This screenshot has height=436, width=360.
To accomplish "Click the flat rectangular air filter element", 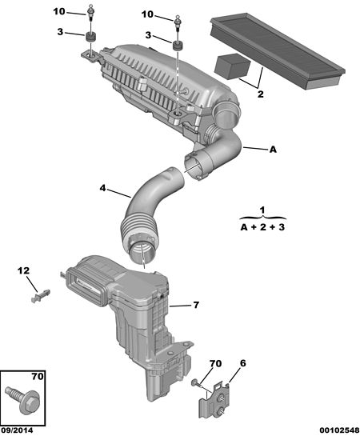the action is pyautogui.click(x=278, y=50).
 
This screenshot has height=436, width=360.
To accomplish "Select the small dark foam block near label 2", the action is pyautogui.click(x=233, y=66).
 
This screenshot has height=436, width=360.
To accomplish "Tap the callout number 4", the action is pyautogui.click(x=103, y=188).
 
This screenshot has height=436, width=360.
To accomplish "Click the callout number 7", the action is pyautogui.click(x=196, y=305).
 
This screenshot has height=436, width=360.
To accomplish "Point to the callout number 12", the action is pyautogui.click(x=24, y=270).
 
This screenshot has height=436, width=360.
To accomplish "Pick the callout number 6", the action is pyautogui.click(x=242, y=363).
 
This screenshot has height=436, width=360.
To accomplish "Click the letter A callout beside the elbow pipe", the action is pyautogui.click(x=274, y=150).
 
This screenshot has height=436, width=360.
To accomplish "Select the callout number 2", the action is pyautogui.click(x=260, y=94).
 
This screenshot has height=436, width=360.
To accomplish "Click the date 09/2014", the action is pyautogui.click(x=17, y=430).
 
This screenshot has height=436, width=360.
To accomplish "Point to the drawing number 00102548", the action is pyautogui.click(x=339, y=430).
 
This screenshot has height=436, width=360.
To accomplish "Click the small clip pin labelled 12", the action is pyautogui.click(x=41, y=295).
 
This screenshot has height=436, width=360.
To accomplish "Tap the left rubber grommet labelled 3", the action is pyautogui.click(x=91, y=37).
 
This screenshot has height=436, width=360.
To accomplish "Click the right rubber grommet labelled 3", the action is pyautogui.click(x=178, y=46).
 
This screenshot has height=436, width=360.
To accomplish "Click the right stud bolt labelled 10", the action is pyautogui.click(x=178, y=23).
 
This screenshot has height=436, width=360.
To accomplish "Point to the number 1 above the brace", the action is pyautogui.click(x=262, y=210).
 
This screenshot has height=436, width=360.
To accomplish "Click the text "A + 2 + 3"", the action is pyautogui.click(x=262, y=227).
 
